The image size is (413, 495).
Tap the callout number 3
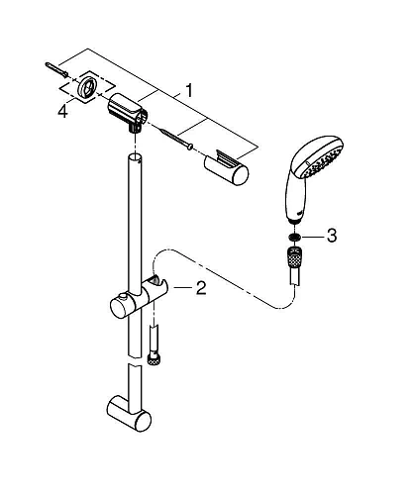[331, 236]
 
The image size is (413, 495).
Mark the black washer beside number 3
[294, 237]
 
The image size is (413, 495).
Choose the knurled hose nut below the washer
[294, 258]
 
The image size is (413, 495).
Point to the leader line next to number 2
[182, 288]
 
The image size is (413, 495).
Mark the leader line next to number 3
[312, 237]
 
